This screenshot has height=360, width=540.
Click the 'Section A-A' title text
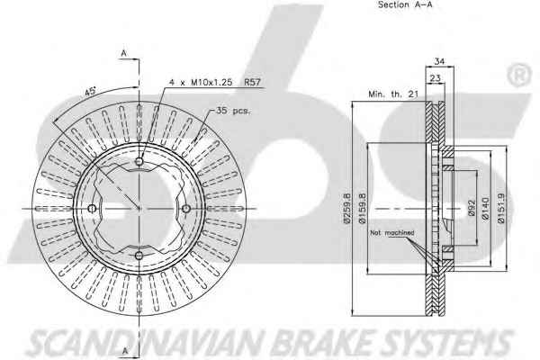tap(405, 4)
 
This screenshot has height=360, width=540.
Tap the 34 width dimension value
tap(439, 61)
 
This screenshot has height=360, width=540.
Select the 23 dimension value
tap(436, 78)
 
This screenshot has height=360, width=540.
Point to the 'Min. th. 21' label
tap(393, 94)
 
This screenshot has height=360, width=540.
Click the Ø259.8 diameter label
tap(346, 208)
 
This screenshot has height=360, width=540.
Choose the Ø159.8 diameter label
tap(362, 208)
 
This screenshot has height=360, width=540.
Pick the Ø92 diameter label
tap(472, 208)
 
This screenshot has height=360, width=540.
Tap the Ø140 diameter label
tap(486, 208)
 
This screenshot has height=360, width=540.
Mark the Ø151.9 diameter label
tap(501, 208)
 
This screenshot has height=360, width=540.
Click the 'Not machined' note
tap(391, 233)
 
